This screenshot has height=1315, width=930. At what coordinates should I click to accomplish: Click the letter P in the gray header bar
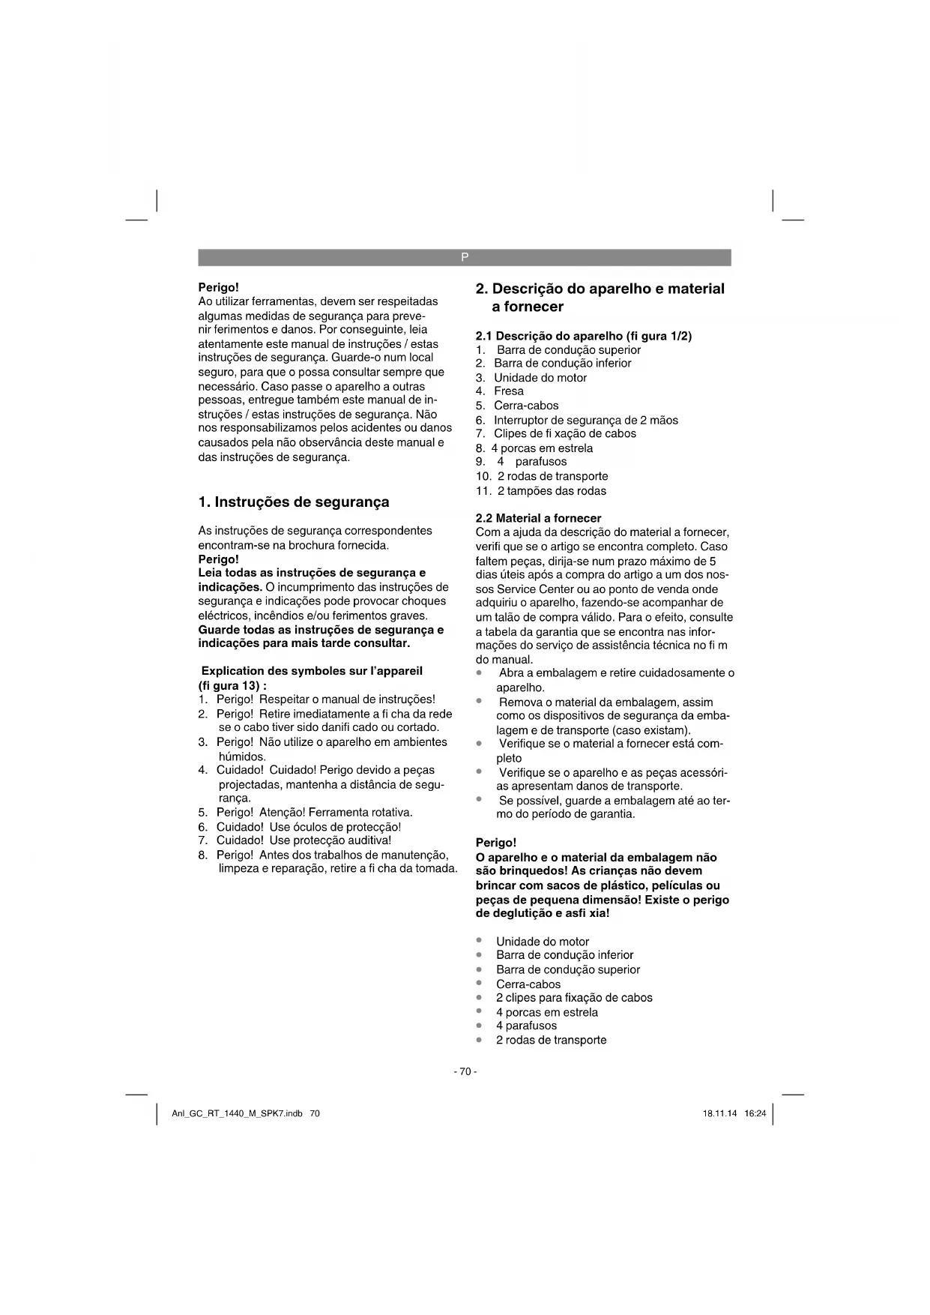tap(465, 257)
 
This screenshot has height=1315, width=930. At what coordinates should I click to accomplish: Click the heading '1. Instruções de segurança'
tap(294, 502)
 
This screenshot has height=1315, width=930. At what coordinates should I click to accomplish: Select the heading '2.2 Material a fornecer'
tap(538, 518)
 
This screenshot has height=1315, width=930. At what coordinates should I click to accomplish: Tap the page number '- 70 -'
tap(465, 1071)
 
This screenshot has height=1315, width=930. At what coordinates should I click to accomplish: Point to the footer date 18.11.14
tap(719, 1113)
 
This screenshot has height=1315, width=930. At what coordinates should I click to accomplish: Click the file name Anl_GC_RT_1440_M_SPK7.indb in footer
tap(237, 1113)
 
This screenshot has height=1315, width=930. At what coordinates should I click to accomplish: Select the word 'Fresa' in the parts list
tap(509, 391)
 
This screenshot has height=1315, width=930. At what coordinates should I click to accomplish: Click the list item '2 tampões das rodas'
tap(552, 491)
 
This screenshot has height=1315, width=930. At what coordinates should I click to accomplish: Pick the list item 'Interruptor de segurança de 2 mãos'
tap(585, 420)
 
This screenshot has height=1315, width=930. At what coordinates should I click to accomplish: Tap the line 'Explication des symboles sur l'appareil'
tap(312, 671)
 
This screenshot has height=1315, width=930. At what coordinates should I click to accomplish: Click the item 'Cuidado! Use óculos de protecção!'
tap(309, 827)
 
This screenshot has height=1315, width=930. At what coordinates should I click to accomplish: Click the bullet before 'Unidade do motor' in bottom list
tap(480, 941)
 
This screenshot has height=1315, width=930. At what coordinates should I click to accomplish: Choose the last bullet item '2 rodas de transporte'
tap(551, 1040)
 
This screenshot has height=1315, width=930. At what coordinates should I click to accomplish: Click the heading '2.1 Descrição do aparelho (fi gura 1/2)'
tap(584, 336)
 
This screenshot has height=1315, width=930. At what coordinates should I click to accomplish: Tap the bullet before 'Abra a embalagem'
tap(480, 672)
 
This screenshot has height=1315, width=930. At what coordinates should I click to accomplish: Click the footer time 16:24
tap(755, 1113)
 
